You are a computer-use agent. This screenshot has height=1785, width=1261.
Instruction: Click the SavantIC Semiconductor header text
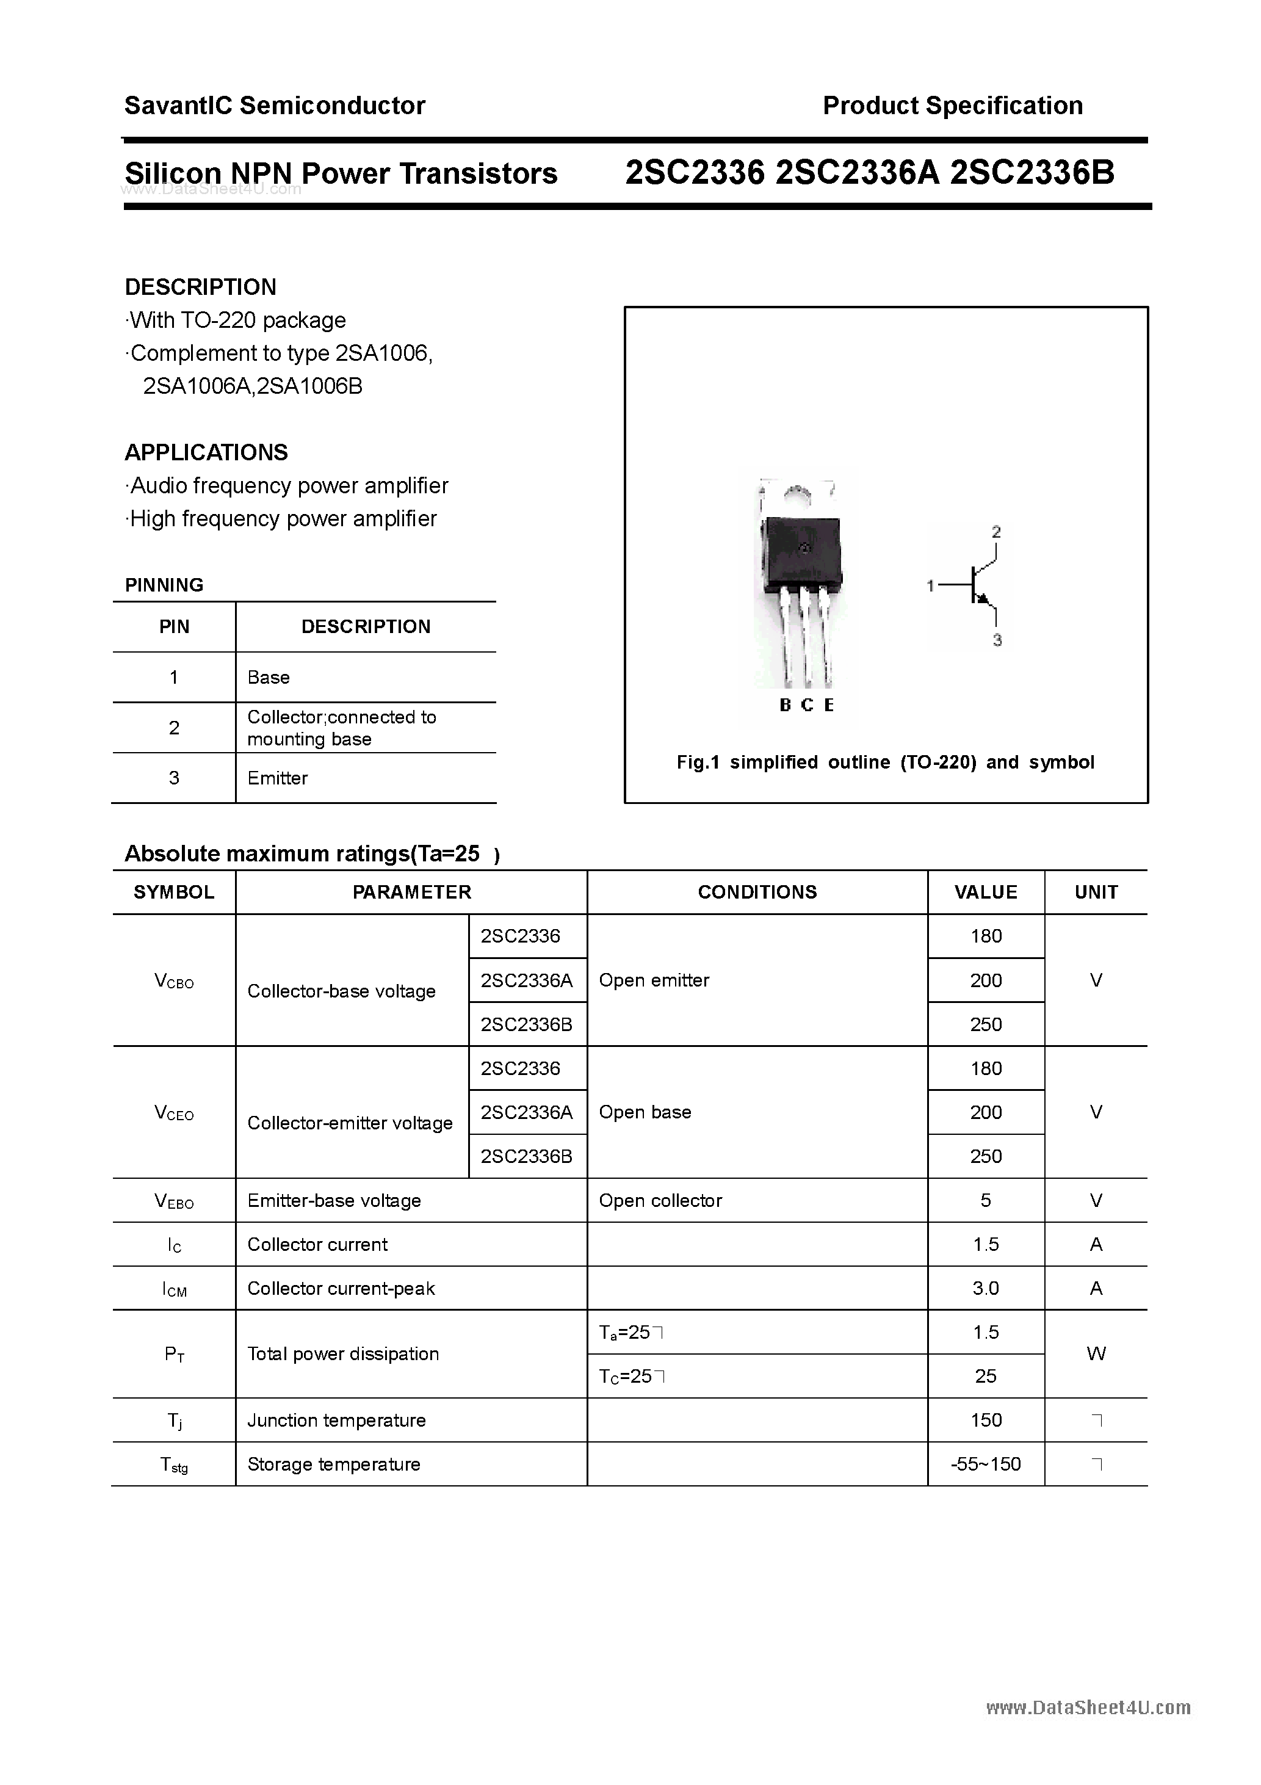275,106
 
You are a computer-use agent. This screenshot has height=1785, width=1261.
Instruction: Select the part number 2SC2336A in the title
858,173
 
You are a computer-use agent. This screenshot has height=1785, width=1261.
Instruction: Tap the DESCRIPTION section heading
201,287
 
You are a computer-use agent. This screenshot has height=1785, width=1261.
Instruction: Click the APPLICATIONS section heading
206,452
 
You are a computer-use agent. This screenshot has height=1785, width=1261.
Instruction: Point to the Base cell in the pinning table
268,677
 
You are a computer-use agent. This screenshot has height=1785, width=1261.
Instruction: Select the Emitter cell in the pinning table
278,778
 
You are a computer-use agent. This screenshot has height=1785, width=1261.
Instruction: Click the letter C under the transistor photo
807,705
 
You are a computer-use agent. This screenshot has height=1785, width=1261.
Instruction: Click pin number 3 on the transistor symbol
997,640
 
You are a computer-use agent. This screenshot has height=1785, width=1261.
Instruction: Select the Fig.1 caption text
885,762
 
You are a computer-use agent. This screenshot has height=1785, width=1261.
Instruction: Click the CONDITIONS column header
757,892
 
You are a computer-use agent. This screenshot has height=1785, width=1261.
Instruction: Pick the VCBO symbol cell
174,981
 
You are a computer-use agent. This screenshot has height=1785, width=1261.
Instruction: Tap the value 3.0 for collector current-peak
985,1289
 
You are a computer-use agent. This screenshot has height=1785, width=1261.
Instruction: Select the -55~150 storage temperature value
985,1465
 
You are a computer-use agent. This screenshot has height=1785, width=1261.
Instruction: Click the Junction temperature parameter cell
337,1421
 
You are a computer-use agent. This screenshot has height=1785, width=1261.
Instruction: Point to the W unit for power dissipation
1096,1354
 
